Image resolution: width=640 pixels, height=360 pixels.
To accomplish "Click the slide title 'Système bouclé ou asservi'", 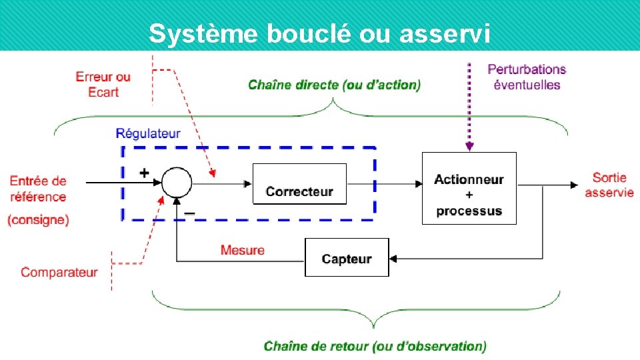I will click(x=320, y=33).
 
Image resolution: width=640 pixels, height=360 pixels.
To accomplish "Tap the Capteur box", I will click(x=346, y=257).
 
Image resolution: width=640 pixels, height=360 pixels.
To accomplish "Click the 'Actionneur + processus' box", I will click(x=469, y=189).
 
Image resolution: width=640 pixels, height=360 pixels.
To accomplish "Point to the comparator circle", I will click(x=177, y=182).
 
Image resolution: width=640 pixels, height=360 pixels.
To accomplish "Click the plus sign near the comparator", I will click(x=144, y=172).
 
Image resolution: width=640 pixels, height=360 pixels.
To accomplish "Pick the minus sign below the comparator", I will click(x=189, y=213).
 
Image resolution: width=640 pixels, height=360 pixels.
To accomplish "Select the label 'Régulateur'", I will click(x=148, y=133).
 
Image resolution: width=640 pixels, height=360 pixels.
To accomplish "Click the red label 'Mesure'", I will click(x=243, y=251).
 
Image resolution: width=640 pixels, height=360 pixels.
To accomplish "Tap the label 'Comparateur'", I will click(x=59, y=272).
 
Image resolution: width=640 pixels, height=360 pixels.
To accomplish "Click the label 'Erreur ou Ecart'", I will click(x=103, y=85).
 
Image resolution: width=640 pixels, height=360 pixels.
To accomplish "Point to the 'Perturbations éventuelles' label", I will click(x=527, y=77).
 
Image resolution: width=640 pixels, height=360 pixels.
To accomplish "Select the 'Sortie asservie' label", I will click(x=609, y=185).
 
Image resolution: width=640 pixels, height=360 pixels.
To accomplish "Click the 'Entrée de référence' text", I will click(x=38, y=189).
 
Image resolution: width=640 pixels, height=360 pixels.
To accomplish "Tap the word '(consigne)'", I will click(x=38, y=220).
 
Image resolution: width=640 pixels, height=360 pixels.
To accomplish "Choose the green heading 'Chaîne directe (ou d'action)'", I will click(x=335, y=85).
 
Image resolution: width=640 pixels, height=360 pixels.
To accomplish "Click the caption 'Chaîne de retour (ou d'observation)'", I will click(x=375, y=346).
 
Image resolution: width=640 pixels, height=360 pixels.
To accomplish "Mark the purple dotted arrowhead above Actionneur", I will click(x=469, y=147).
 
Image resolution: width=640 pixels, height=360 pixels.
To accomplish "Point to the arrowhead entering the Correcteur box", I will click(x=249, y=183).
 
